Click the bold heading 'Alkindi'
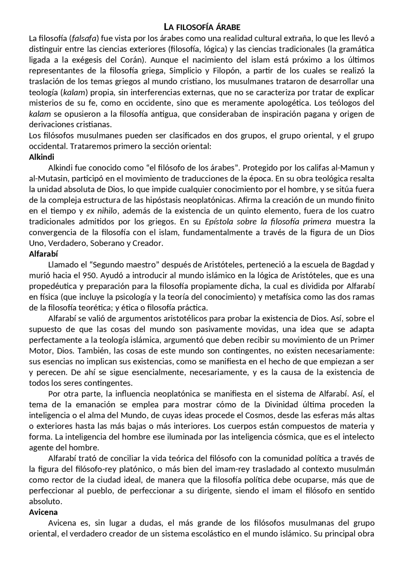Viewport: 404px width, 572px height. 42,157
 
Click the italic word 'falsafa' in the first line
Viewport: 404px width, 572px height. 84,39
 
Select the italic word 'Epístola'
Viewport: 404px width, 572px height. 219,222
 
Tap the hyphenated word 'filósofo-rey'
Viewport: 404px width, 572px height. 97,469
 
